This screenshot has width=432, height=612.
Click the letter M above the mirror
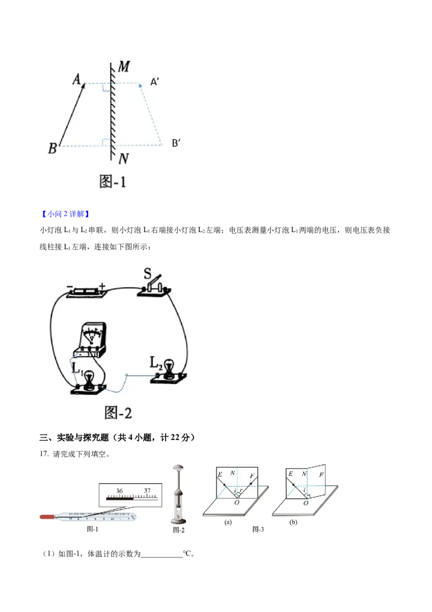124,67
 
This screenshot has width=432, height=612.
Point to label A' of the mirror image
154,82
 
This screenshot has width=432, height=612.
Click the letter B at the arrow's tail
52,148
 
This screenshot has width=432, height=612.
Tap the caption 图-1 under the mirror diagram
113,181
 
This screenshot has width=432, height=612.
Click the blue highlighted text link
65,215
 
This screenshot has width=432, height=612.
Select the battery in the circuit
84,292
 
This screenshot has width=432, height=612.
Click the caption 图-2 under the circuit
117,414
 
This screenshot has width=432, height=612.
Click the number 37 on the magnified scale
147,491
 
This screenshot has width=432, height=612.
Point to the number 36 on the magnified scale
119,491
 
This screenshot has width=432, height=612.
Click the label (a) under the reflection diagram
228,523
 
